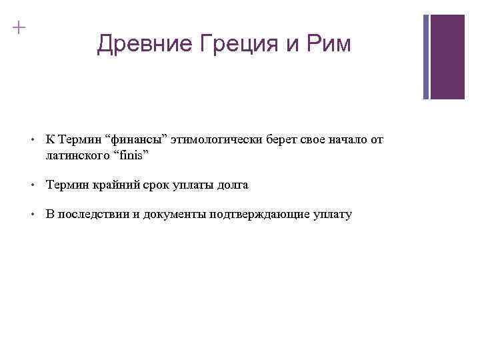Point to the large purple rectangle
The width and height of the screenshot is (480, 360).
click(447, 57)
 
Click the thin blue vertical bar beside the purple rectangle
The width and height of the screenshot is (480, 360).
click(427, 57)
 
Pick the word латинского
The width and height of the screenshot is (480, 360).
click(73, 155)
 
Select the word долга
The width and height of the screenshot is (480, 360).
click(233, 185)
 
